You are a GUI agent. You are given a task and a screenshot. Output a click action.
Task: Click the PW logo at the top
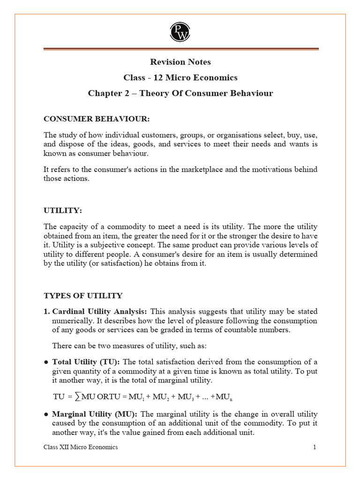[x=180, y=31]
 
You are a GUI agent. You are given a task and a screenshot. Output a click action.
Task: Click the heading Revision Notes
[x=180, y=62]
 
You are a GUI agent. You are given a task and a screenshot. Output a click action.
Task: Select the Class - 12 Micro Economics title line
[x=180, y=78]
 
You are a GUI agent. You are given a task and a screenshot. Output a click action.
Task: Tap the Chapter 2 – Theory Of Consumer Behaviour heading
[x=180, y=93]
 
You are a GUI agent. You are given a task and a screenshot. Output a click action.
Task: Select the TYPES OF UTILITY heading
[x=83, y=296]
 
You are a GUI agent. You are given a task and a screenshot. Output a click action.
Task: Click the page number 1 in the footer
[x=315, y=447]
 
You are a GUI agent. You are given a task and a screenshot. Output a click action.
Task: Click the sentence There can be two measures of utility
[x=129, y=346]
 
